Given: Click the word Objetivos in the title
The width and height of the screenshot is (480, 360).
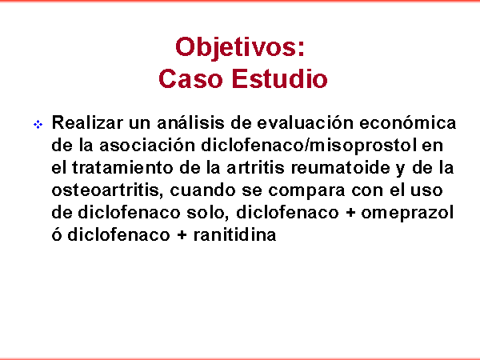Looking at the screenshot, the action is tap(237, 47).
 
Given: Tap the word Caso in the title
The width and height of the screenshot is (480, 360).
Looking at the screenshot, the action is tap(190, 78).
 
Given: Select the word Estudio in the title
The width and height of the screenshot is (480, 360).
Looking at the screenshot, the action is tap(279, 78).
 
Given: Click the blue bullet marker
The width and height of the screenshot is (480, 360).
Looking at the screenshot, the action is tap(38, 125).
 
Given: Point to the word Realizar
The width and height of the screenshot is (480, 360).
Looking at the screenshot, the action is tap(87, 122).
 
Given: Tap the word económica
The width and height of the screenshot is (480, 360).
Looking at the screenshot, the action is tap(408, 122).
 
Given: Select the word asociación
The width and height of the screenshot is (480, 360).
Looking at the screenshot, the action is tap(147, 145).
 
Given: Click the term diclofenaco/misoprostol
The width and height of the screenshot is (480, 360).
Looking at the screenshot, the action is tap(309, 145).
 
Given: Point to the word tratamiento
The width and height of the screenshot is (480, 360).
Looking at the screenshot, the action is tap(122, 167).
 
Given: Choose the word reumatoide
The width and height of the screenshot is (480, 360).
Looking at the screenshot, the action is tap(341, 167).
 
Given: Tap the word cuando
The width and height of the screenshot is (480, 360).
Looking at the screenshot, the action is tap(202, 190).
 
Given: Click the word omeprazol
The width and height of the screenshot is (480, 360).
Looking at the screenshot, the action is tap(407, 214).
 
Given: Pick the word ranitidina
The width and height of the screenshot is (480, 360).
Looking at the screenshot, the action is tap(234, 234).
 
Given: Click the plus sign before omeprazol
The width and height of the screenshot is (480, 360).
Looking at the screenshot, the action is tap(350, 213).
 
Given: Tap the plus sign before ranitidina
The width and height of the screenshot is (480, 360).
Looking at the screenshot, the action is tap(182, 235).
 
